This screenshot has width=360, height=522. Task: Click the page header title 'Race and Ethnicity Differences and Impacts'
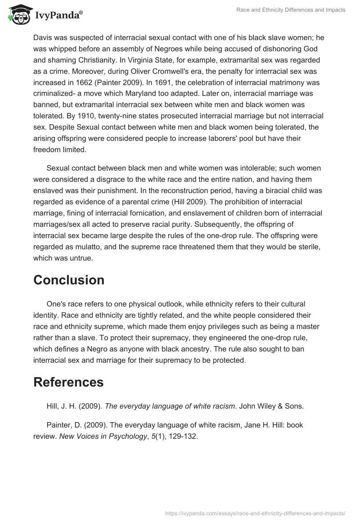click(291, 10)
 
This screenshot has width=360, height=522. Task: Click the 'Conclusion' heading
click(69, 280)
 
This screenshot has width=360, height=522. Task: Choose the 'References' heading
click(68, 382)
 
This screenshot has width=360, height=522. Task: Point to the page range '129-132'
click(183, 436)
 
